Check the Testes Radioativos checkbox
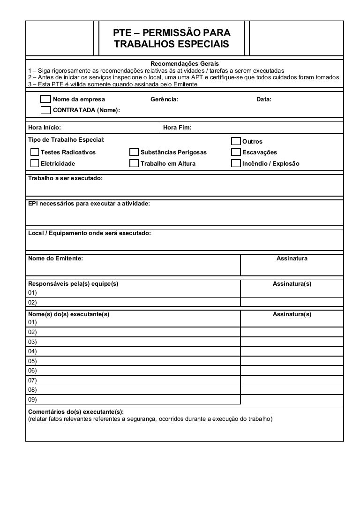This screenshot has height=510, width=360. [x=35, y=152]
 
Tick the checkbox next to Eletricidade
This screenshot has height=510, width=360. [x=35, y=164]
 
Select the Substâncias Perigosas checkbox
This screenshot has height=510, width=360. [x=134, y=152]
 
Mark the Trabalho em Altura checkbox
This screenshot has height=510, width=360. [x=134, y=164]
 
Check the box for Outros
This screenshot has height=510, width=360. [x=236, y=142]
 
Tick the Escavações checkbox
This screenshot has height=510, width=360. [x=236, y=152]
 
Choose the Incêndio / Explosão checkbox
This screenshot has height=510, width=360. [x=236, y=164]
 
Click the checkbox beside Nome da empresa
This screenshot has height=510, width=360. [x=45, y=99]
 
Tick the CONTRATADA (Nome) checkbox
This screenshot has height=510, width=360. [x=45, y=110]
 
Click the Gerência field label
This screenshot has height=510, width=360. [x=164, y=99]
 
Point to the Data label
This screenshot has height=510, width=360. [x=264, y=99]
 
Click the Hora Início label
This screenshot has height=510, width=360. [x=45, y=128]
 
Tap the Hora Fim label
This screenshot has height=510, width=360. [x=177, y=128]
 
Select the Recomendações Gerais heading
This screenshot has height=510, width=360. [x=184, y=63]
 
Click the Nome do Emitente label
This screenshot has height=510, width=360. [x=56, y=259]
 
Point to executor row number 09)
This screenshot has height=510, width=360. [x=32, y=400]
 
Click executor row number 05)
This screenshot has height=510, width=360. [x=32, y=361]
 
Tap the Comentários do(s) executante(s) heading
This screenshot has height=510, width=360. [x=76, y=411]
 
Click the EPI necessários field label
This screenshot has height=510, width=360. [x=89, y=204]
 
